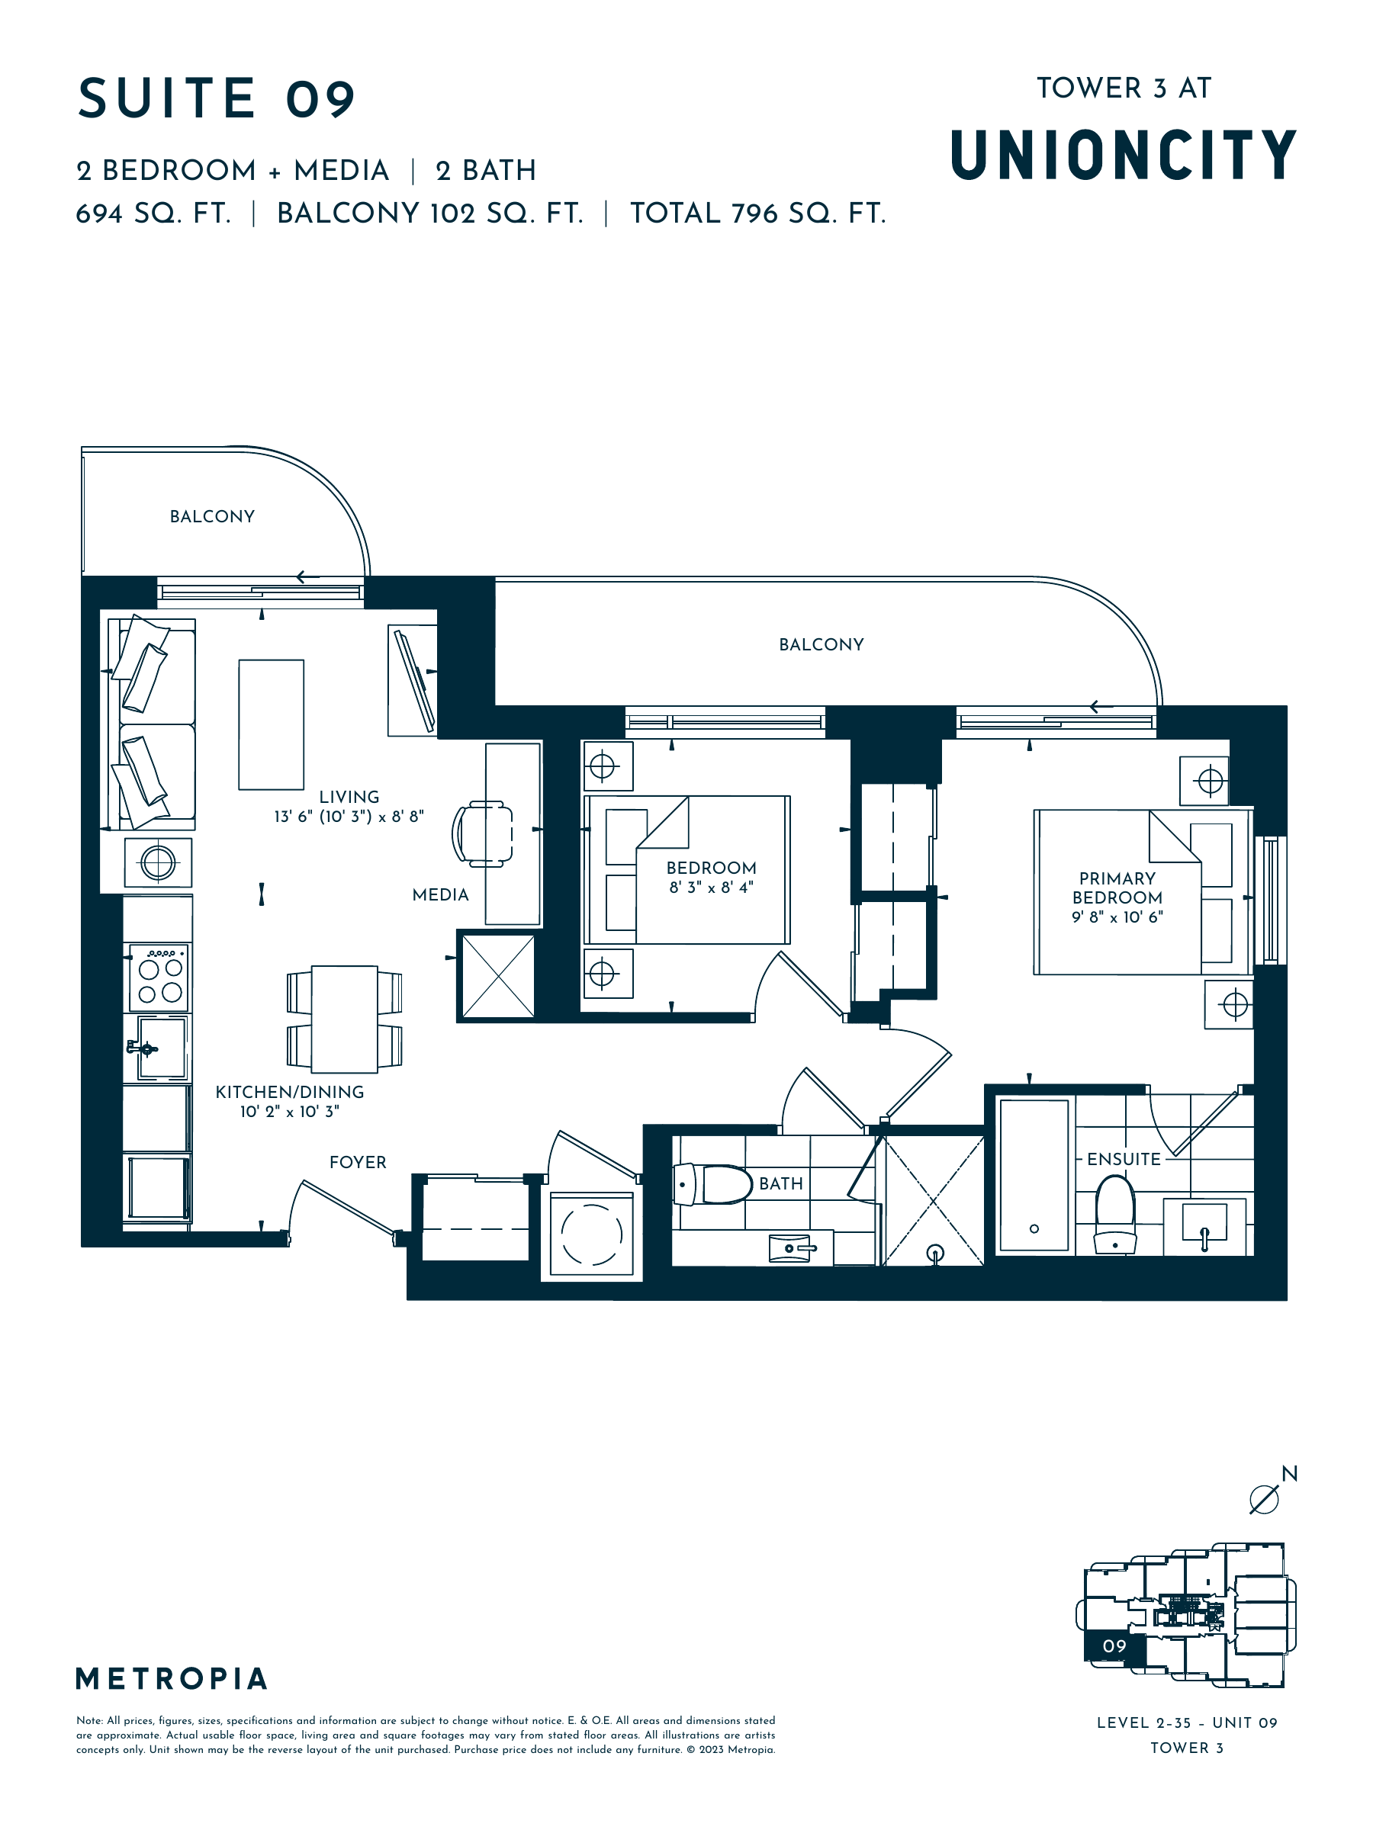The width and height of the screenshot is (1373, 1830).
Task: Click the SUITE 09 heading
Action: [216, 98]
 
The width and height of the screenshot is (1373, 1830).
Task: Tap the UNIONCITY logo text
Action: [1123, 155]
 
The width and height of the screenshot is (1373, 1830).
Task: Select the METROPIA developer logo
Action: [172, 1678]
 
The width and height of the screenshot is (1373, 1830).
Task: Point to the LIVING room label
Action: [349, 797]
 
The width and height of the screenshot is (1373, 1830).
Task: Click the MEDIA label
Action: [440, 894]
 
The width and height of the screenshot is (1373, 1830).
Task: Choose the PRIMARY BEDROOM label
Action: [1117, 888]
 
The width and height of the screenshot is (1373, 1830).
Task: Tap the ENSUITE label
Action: [1124, 1159]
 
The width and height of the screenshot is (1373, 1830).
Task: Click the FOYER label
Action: [358, 1162]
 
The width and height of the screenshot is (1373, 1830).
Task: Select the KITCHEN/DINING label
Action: [290, 1092]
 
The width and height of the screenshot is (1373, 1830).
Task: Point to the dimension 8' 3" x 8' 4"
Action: [712, 888]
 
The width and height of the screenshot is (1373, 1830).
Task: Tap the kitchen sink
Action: [162, 1048]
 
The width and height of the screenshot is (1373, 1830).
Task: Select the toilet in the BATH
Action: [712, 1184]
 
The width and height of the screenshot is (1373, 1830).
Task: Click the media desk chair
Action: [483, 833]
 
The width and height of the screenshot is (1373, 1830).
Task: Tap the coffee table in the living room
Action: [272, 724]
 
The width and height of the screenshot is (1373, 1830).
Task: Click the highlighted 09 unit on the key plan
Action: [1114, 1645]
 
